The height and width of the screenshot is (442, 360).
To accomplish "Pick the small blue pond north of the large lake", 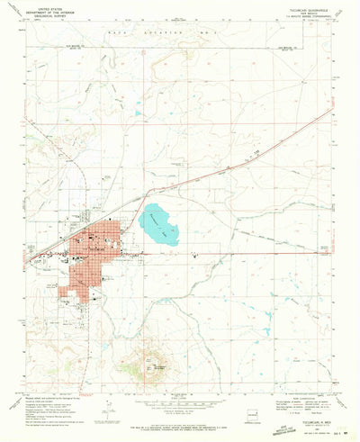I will pos(139,113).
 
